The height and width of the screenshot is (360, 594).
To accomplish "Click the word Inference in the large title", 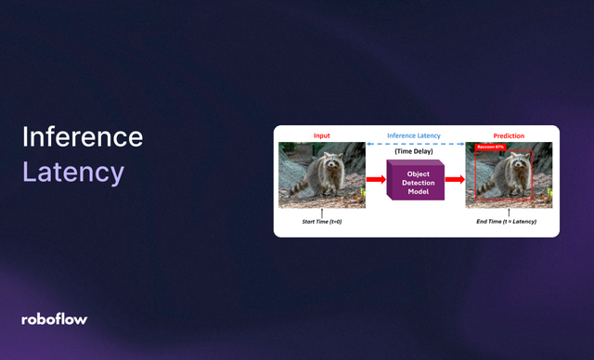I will [x=83, y=137].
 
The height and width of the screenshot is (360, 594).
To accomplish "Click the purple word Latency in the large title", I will [x=72, y=172].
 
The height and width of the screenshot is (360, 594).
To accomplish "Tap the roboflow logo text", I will [x=54, y=319].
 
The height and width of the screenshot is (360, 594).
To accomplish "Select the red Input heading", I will [x=322, y=135].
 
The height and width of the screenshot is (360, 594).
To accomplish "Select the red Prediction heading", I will [x=509, y=135].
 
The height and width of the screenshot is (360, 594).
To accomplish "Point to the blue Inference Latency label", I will [x=415, y=135].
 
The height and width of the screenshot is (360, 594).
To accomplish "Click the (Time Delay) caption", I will [x=415, y=152].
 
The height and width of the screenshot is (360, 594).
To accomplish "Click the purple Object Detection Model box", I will [x=416, y=180].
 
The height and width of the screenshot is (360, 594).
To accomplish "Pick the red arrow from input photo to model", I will [x=376, y=179].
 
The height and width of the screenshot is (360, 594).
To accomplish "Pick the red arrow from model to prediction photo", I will [x=454, y=179].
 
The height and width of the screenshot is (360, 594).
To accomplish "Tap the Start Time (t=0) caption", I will [x=322, y=223].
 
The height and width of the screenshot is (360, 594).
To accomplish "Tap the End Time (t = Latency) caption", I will [x=509, y=223].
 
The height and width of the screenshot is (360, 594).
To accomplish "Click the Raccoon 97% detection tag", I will [x=489, y=148].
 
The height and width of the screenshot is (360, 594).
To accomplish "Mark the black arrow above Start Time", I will [x=322, y=212].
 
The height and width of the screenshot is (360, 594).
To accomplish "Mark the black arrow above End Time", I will [x=509, y=212].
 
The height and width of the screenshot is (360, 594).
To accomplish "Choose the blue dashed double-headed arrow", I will [x=415, y=144].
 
